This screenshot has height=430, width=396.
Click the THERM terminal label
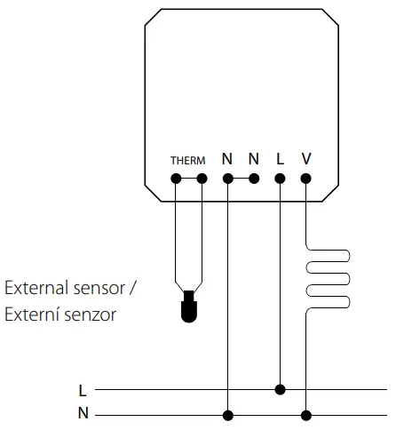[187, 161]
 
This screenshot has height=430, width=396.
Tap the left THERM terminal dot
[176, 179]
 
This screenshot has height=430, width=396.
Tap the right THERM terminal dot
[202, 179]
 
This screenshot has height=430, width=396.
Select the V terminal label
[306, 159]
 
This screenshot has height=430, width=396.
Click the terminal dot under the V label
[306, 179]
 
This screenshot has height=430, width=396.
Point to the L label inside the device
[281, 159]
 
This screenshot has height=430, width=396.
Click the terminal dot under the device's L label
[281, 179]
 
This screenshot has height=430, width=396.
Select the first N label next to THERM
[227, 159]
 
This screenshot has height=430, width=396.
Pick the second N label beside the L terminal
[254, 159]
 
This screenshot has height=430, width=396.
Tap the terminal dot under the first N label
[228, 179]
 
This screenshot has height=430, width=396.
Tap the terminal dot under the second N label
[254, 179]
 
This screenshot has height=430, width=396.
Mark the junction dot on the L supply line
[281, 389]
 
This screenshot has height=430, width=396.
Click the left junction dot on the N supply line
[228, 415]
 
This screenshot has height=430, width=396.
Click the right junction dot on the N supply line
[306, 415]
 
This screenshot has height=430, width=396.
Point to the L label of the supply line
[83, 390]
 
